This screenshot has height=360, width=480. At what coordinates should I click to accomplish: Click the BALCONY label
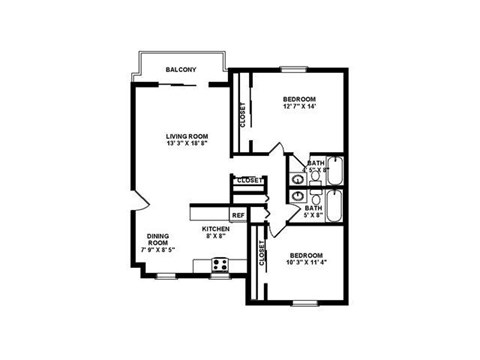(180, 70)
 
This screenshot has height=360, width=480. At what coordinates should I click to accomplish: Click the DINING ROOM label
(158, 240)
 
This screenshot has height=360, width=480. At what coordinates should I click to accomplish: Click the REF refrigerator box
(238, 215)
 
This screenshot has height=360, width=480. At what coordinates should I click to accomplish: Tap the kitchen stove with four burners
(221, 266)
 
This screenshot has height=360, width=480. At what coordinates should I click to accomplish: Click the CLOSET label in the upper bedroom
(243, 116)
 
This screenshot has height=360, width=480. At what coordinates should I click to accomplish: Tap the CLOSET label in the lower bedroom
(262, 256)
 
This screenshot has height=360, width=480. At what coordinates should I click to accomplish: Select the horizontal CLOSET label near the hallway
(249, 181)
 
